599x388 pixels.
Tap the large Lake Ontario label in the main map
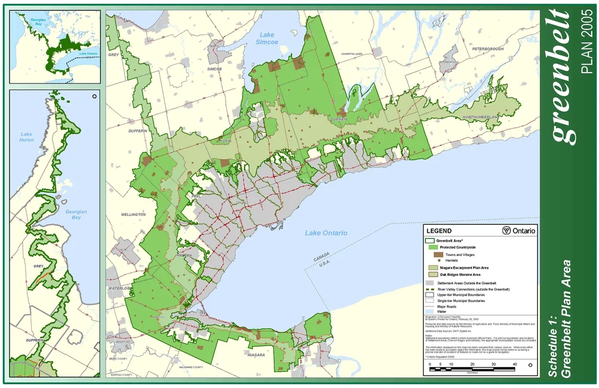tap(325, 233)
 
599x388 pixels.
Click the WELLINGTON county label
tap(133, 214)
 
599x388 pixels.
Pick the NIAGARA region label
tap(256, 355)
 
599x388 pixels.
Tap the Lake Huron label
tap(26, 137)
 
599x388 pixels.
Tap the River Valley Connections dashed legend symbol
tap(429, 289)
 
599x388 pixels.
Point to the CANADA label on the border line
tap(321, 258)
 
